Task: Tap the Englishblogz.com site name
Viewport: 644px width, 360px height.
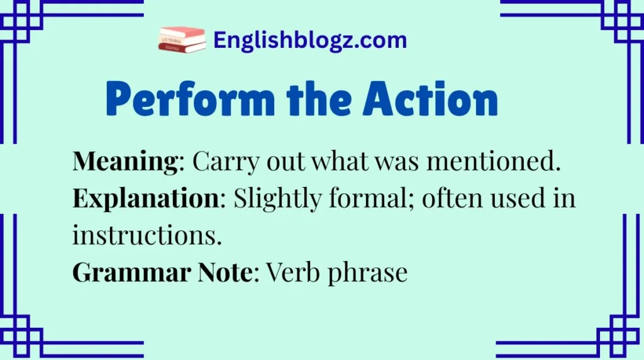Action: (310, 41)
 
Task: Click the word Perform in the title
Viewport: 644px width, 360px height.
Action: (184, 100)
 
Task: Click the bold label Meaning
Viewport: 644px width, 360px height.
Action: (125, 163)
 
